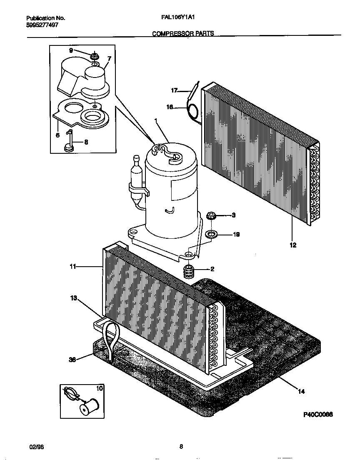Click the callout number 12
point(293,245)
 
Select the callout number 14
point(301,391)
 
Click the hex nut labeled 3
point(210,216)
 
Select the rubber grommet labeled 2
point(190,272)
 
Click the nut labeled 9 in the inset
point(95,55)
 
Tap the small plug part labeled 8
point(69,145)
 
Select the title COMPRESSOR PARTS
point(183,33)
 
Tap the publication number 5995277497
point(42,25)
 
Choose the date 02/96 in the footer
point(37,447)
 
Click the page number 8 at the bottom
point(181,447)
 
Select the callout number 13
point(74,297)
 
